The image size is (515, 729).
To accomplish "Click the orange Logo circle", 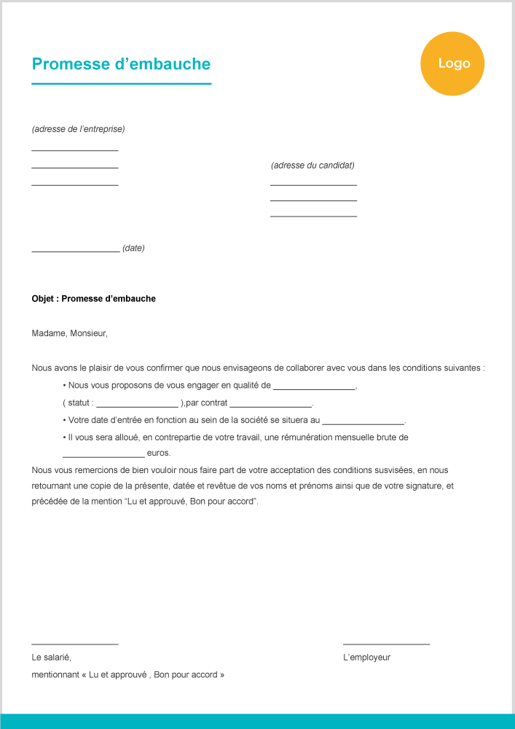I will pos(452,64).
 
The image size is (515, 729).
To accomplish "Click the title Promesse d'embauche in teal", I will pos(121,64).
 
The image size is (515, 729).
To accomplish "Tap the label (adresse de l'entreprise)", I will pos(78,129).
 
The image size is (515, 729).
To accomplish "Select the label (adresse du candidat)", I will pos(312,165).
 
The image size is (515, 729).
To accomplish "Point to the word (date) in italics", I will pos(133,248).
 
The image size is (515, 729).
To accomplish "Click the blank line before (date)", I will pos(76,251).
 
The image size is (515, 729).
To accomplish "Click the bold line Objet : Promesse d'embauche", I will pos(93,299).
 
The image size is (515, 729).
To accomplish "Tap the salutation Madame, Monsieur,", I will pos(69,333).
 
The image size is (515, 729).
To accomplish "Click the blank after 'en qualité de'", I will pos(314,389).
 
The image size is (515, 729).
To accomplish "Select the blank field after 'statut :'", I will pos(137,406).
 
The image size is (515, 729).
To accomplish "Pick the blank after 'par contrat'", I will pos(270,406).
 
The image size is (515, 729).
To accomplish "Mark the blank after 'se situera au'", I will pos(363,424).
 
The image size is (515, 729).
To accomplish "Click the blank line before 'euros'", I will pos(103,456).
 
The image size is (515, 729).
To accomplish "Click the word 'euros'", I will pos(158,453).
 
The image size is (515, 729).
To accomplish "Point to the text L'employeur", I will pos(366,658).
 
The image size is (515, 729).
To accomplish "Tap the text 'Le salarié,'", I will pos(51,658).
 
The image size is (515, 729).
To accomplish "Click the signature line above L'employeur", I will pos(386,644).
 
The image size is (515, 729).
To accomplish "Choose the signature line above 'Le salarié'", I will pos(75,644).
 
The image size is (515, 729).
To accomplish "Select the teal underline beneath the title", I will pos(121,84).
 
